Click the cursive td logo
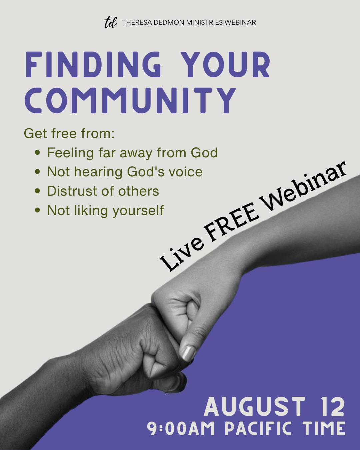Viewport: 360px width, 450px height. pos(110,22)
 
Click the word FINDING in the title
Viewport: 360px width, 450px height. pos(93,64)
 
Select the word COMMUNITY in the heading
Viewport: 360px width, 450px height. pos(130,100)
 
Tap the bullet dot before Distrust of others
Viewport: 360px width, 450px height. pos(38,191)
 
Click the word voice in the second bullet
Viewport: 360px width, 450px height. pos(186,172)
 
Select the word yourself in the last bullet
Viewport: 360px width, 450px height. pos(138,210)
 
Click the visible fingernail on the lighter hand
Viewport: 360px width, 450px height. pos(188,353)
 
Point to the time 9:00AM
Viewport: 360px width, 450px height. pos(181,428)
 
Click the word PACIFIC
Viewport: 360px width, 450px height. pos(258,428)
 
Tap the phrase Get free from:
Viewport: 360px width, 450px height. pos(69,133)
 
